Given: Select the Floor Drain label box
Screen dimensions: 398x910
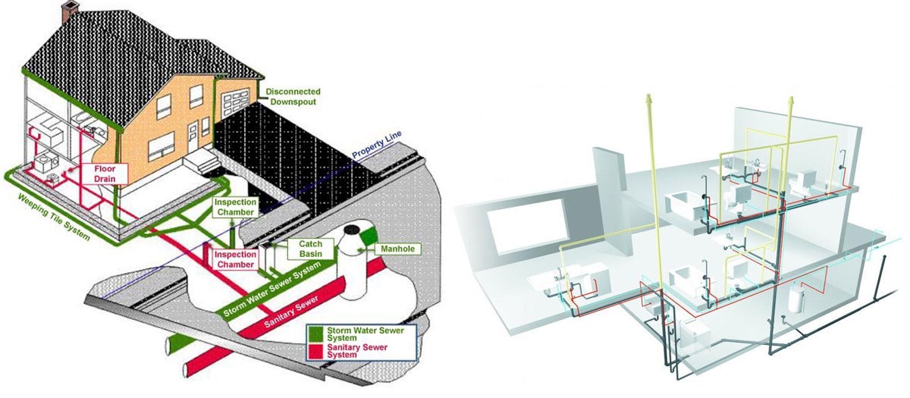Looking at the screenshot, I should (x=105, y=173).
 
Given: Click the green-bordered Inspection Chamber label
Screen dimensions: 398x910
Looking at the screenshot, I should (x=236, y=207).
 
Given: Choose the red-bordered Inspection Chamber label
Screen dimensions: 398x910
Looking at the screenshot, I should (x=236, y=259).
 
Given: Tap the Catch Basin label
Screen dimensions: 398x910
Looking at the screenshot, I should (x=311, y=249).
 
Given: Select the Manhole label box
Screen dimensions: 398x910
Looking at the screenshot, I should (x=400, y=249).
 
